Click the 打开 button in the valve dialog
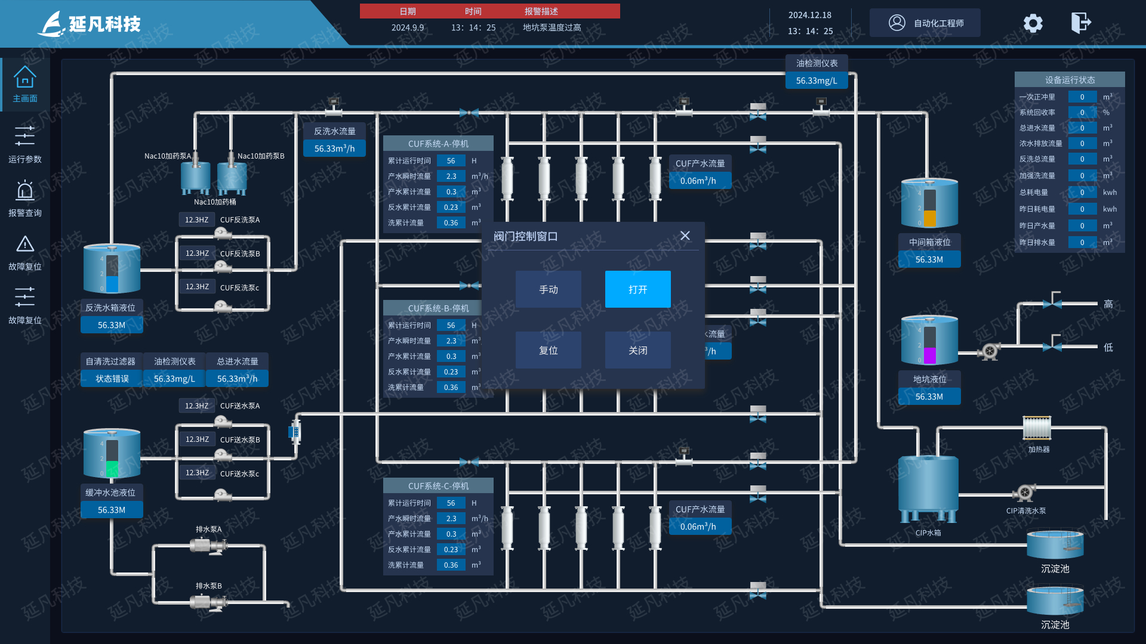tap(637, 289)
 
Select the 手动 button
tap(548, 289)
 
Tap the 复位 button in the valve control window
tap(548, 350)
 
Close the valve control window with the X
tap(685, 236)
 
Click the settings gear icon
tap(1033, 23)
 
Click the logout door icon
tap(1081, 23)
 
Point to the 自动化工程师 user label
tap(938, 23)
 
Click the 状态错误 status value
tap(112, 379)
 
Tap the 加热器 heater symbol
tap(1037, 428)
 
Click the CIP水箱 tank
tap(928, 486)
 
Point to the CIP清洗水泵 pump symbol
tap(1024, 493)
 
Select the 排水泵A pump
tap(208, 544)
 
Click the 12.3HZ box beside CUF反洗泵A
tap(197, 219)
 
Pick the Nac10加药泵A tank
tap(195, 175)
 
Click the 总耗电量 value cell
tap(1082, 192)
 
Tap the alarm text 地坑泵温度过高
tap(552, 27)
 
